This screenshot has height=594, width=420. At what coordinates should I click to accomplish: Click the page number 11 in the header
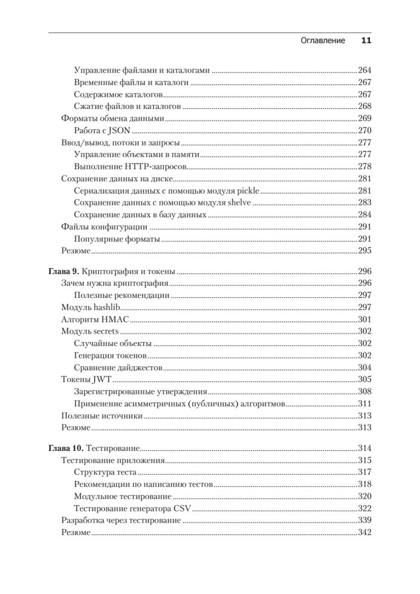pyautogui.click(x=366, y=41)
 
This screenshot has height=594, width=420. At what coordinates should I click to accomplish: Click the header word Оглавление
pyautogui.click(x=323, y=41)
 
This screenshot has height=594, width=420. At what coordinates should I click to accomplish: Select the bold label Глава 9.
pyautogui.click(x=63, y=271)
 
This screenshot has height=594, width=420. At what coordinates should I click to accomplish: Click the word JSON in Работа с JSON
pyautogui.click(x=119, y=131)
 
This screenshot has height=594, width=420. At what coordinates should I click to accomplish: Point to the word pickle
pyautogui.click(x=249, y=191)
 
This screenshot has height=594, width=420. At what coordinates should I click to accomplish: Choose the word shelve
pyautogui.click(x=240, y=203)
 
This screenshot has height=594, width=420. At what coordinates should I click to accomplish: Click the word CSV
pyautogui.click(x=182, y=508)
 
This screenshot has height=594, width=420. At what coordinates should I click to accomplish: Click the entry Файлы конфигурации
pyautogui.click(x=104, y=227)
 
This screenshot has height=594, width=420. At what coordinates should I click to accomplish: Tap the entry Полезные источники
pyautogui.click(x=102, y=416)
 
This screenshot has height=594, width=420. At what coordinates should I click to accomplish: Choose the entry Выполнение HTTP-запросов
pyautogui.click(x=129, y=167)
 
